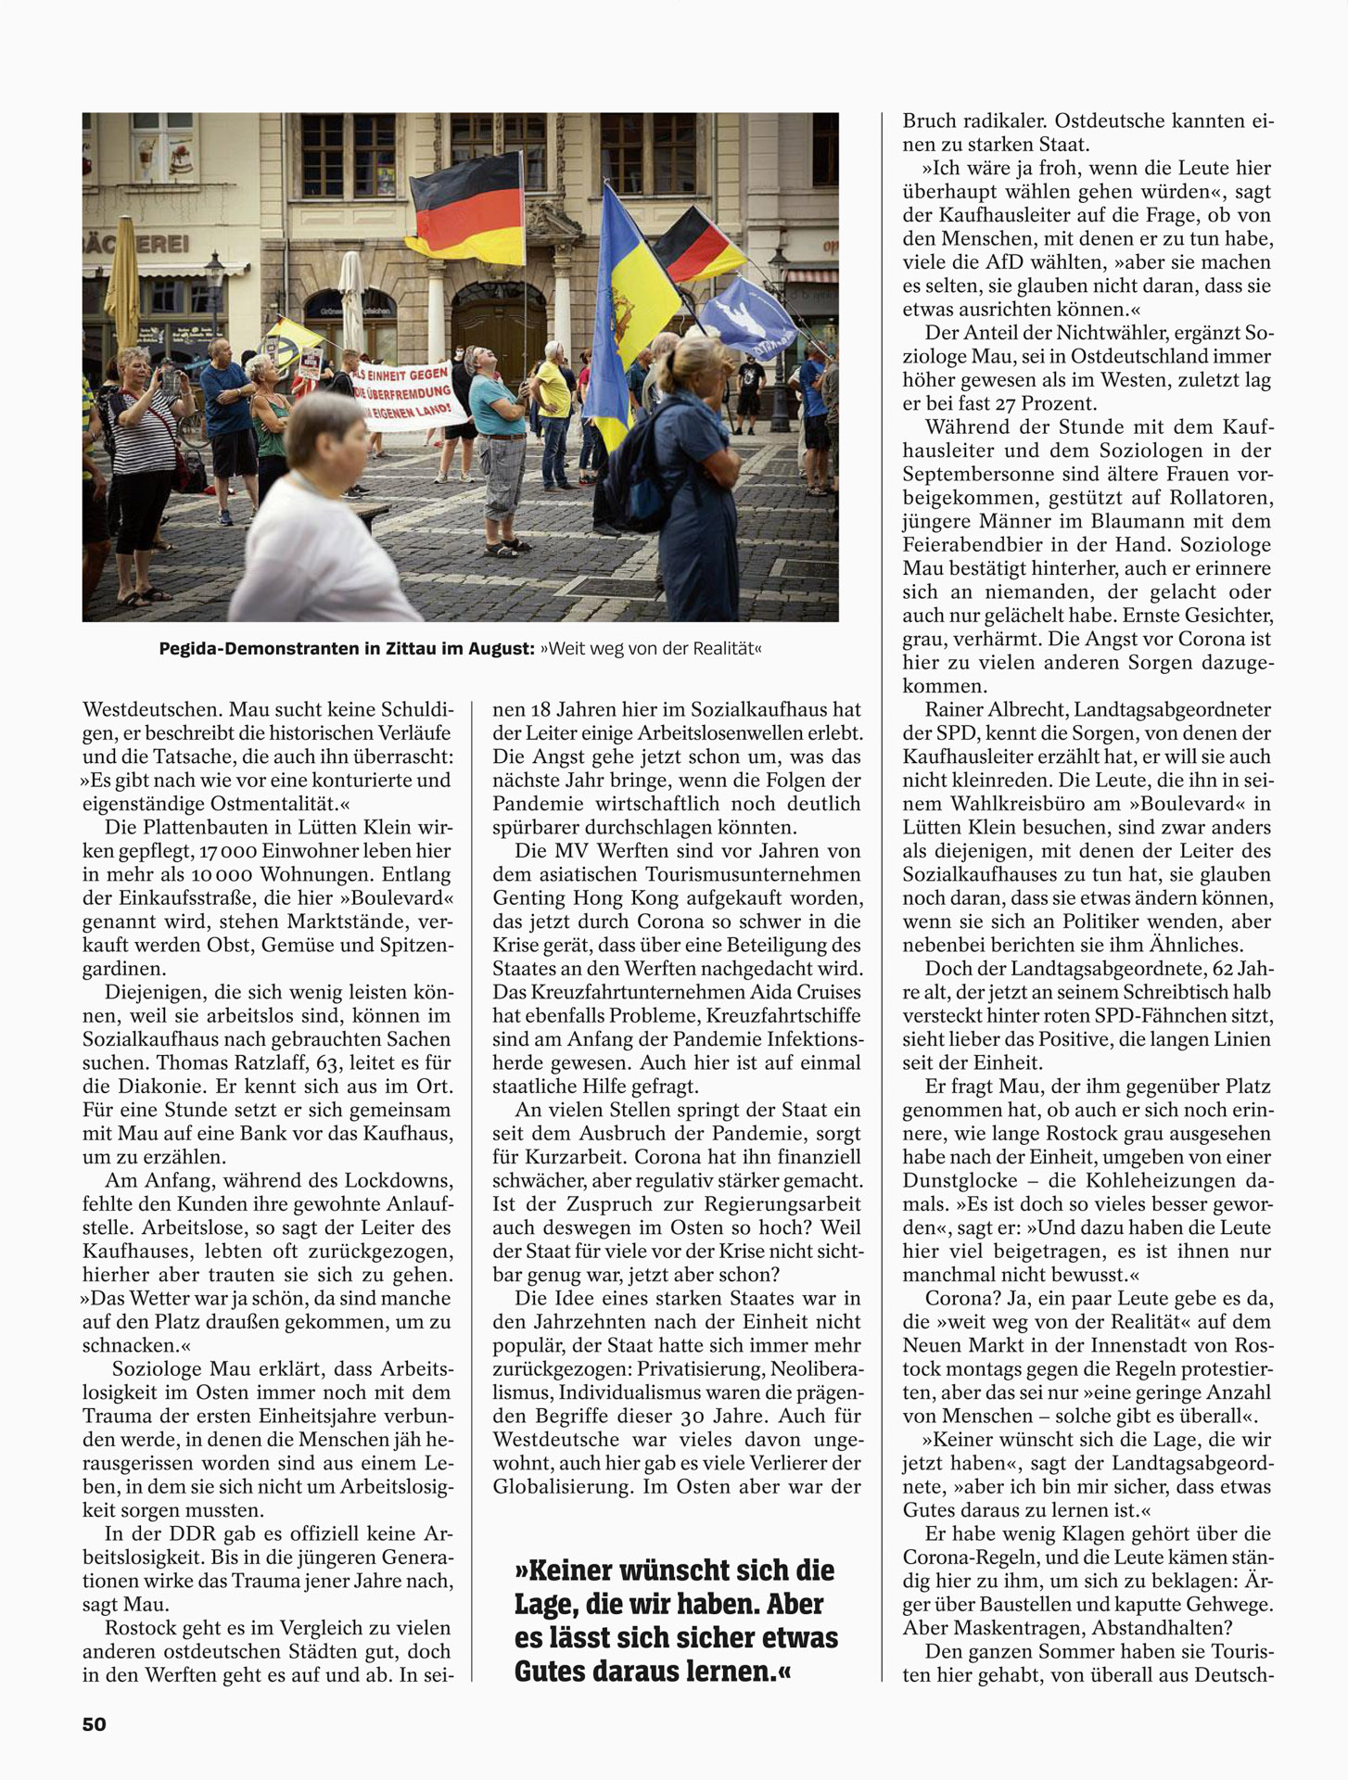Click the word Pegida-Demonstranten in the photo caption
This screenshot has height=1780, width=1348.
click(x=253, y=649)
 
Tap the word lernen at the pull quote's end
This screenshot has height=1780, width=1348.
click(x=723, y=1672)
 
